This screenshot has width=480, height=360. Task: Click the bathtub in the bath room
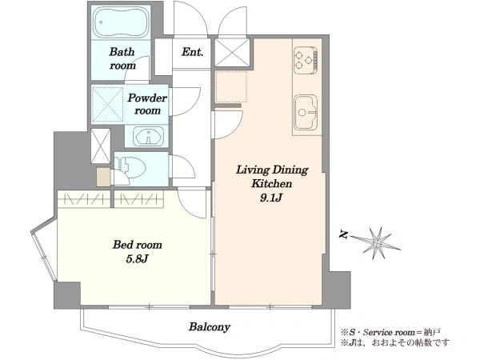pyautogui.click(x=121, y=22)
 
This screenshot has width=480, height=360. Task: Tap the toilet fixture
pyautogui.click(x=130, y=167)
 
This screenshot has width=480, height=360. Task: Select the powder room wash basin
pyautogui.click(x=149, y=137)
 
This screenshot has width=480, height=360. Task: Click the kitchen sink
pyautogui.click(x=306, y=112)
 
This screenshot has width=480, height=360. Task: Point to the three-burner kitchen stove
pyautogui.click(x=306, y=60)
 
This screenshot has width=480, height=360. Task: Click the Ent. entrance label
pyautogui.click(x=192, y=52)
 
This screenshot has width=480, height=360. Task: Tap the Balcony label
pyautogui.click(x=210, y=327)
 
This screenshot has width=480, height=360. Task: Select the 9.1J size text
pyautogui.click(x=270, y=198)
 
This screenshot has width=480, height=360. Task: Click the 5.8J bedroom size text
pyautogui.click(x=137, y=259)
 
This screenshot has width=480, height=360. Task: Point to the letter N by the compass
pyautogui.click(x=344, y=235)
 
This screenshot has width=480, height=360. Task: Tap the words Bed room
pyautogui.click(x=137, y=245)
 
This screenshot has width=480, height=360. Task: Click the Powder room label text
pyautogui.click(x=147, y=104)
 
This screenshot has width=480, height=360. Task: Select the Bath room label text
pyautogui.click(x=122, y=58)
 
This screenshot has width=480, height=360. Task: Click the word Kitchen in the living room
pyautogui.click(x=271, y=184)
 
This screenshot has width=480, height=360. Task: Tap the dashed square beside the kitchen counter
pyautogui.click(x=231, y=87)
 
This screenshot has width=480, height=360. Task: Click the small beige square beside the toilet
pyautogui.click(x=103, y=177)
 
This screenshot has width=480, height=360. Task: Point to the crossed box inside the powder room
pyautogui.click(x=107, y=105)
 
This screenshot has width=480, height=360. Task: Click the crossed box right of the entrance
pyautogui.click(x=232, y=52)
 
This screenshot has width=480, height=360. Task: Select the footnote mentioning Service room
pyautogui.click(x=391, y=332)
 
